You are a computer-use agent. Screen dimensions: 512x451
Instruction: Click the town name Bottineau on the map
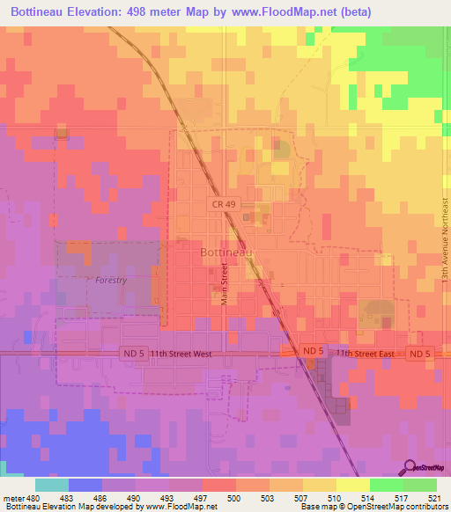[226, 252]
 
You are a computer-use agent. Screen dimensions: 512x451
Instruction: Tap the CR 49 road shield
[224, 204]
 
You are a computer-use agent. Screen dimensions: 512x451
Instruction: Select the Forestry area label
[112, 280]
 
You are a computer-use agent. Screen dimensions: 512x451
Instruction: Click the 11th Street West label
[180, 353]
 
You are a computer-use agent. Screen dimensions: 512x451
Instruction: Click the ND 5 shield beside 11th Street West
[130, 353]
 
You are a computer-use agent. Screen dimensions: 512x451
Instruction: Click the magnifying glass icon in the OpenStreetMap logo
[410, 466]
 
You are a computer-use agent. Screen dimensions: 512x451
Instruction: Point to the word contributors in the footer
[420, 507]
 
